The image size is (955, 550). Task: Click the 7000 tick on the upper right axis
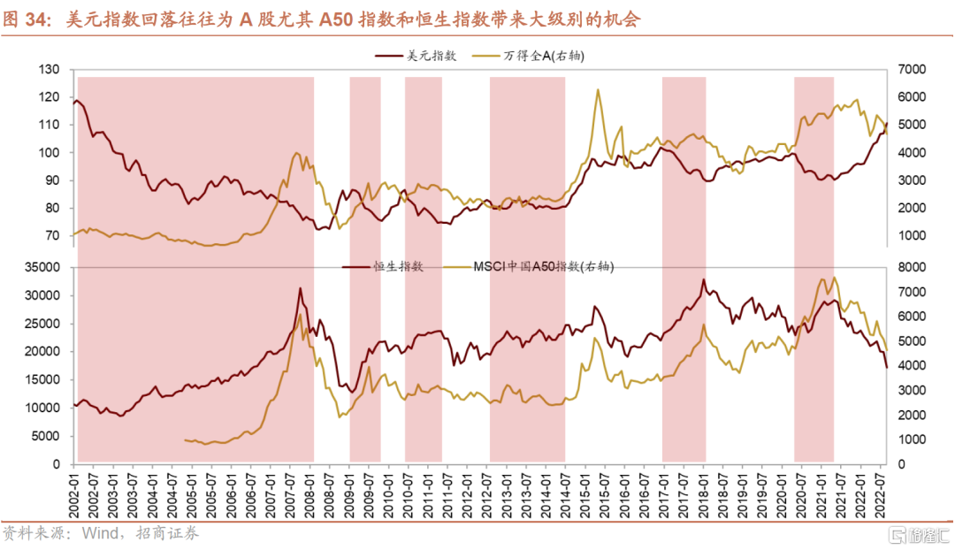coord(911,70)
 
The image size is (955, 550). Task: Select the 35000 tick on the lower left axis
coord(42,267)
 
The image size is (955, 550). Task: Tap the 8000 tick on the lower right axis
coord(911,267)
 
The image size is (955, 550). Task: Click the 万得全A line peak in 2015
coord(599,89)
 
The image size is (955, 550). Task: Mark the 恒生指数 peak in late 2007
coord(300,288)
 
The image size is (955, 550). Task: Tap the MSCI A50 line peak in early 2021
coord(835,278)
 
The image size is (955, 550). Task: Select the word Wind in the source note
coord(99,533)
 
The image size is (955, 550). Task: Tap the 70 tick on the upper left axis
coord(53,236)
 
